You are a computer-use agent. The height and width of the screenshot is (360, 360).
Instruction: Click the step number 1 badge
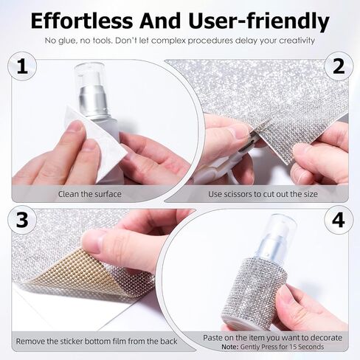22,66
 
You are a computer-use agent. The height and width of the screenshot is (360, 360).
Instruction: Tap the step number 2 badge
339,66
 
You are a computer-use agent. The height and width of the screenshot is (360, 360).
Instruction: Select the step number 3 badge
22,220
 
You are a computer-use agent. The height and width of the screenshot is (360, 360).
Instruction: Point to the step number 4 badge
339,220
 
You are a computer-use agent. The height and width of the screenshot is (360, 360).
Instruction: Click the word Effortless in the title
82,21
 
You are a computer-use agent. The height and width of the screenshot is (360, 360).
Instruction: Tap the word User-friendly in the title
259,21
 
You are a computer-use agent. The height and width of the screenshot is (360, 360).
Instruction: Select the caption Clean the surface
90,194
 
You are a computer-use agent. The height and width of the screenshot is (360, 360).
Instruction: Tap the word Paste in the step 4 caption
212,338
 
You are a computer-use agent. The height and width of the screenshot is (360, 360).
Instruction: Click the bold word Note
230,347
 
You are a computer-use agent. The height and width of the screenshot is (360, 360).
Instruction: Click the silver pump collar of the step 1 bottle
93,101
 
